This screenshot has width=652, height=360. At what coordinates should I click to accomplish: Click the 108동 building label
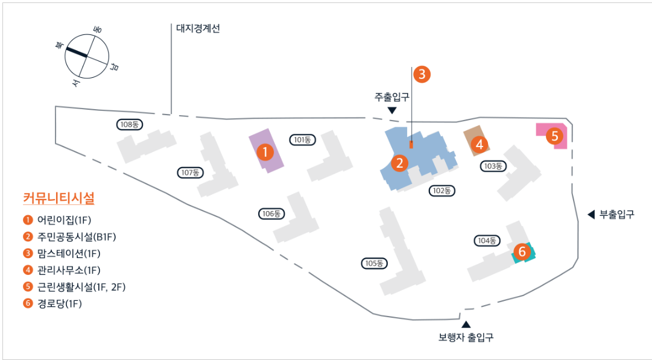pyautogui.click(x=130, y=124)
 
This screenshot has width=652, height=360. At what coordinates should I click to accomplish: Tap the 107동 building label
pyautogui.click(x=191, y=172)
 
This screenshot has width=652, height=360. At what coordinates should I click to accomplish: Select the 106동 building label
pyautogui.click(x=271, y=213)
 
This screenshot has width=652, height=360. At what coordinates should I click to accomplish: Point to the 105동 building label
pyautogui.click(x=375, y=263)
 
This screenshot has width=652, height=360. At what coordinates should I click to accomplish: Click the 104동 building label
pyautogui.click(x=486, y=241)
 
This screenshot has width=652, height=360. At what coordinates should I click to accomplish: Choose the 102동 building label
pyautogui.click(x=442, y=191)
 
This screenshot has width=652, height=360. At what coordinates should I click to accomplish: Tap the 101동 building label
pyautogui.click(x=302, y=140)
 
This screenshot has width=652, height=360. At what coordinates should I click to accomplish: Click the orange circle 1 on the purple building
pyautogui.click(x=264, y=153)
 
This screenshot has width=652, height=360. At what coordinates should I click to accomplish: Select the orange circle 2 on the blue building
pyautogui.click(x=399, y=163)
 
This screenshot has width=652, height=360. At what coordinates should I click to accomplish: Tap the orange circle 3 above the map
pyautogui.click(x=422, y=74)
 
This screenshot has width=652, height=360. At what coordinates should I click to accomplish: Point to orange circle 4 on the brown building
pyautogui.click(x=479, y=145)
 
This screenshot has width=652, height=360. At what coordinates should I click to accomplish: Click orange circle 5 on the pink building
pyautogui.click(x=554, y=136)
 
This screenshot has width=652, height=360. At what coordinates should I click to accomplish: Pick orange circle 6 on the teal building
pyautogui.click(x=522, y=251)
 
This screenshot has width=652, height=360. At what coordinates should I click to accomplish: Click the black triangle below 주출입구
pyautogui.click(x=392, y=110)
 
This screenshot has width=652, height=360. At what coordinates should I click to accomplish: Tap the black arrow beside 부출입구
pyautogui.click(x=591, y=214)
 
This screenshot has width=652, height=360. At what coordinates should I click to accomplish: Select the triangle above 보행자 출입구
pyautogui.click(x=466, y=324)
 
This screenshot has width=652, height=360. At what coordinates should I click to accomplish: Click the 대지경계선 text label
pyautogui.click(x=198, y=28)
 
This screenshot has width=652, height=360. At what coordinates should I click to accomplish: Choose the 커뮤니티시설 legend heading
pyautogui.click(x=59, y=198)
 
